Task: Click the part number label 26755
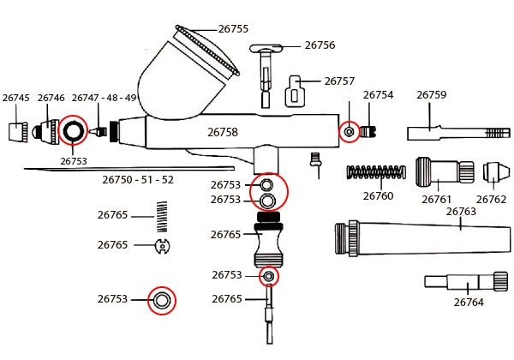(x=233, y=29)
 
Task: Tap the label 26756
(x=320, y=45)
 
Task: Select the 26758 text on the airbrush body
(x=223, y=132)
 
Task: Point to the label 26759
(x=432, y=95)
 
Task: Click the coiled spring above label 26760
(x=376, y=171)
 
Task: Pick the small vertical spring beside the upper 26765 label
(x=162, y=217)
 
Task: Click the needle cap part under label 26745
(x=18, y=132)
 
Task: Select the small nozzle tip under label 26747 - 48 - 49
(x=98, y=132)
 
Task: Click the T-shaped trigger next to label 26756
(x=266, y=76)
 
